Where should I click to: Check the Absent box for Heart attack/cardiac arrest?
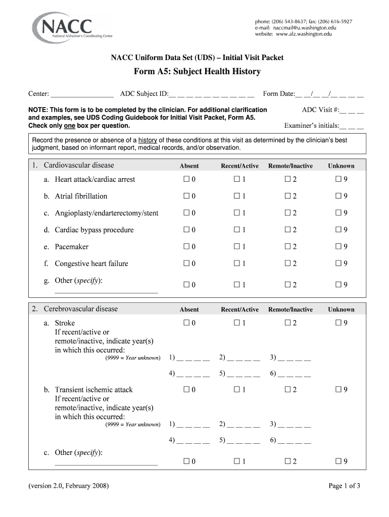tap(186, 179)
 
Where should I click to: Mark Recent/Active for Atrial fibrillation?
tap(236, 196)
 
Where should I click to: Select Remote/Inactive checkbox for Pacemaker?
tap(287, 246)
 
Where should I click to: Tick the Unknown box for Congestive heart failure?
tap(338, 263)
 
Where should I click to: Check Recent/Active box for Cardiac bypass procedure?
tap(236, 230)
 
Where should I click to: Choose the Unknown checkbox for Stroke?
tap(338, 323)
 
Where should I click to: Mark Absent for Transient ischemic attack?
tap(186, 389)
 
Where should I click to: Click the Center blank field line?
tap(82, 94)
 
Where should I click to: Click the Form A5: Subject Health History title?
tap(197, 72)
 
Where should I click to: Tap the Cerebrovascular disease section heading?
tap(80, 309)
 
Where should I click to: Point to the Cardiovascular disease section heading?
tap(79, 165)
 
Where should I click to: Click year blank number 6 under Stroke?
tap(295, 374)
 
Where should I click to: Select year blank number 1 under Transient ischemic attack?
tap(193, 424)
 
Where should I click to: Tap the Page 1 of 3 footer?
tap(344, 486)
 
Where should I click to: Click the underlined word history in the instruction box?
tap(148, 140)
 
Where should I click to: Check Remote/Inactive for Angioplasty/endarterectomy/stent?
tap(287, 213)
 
